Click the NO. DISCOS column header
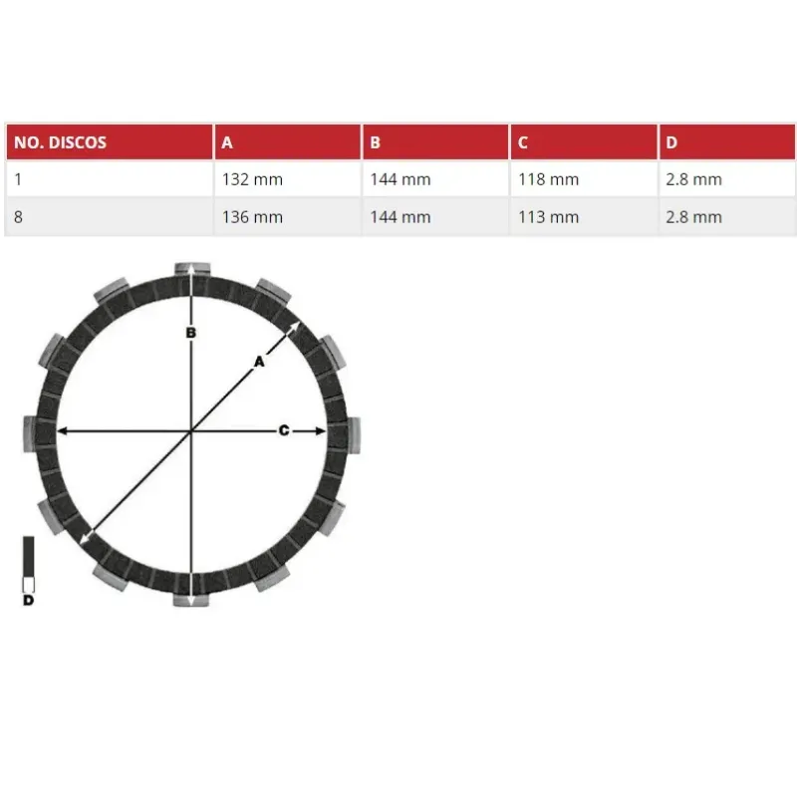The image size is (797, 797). (60, 142)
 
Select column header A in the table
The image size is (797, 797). (227, 142)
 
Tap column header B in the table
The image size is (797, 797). (376, 142)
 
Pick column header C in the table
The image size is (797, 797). (522, 142)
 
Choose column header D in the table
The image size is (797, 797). (671, 142)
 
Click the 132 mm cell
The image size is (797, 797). (252, 179)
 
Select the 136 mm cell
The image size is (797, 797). (252, 217)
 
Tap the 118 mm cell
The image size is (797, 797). (549, 179)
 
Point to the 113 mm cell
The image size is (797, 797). (549, 217)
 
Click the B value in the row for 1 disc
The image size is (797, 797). (400, 179)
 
